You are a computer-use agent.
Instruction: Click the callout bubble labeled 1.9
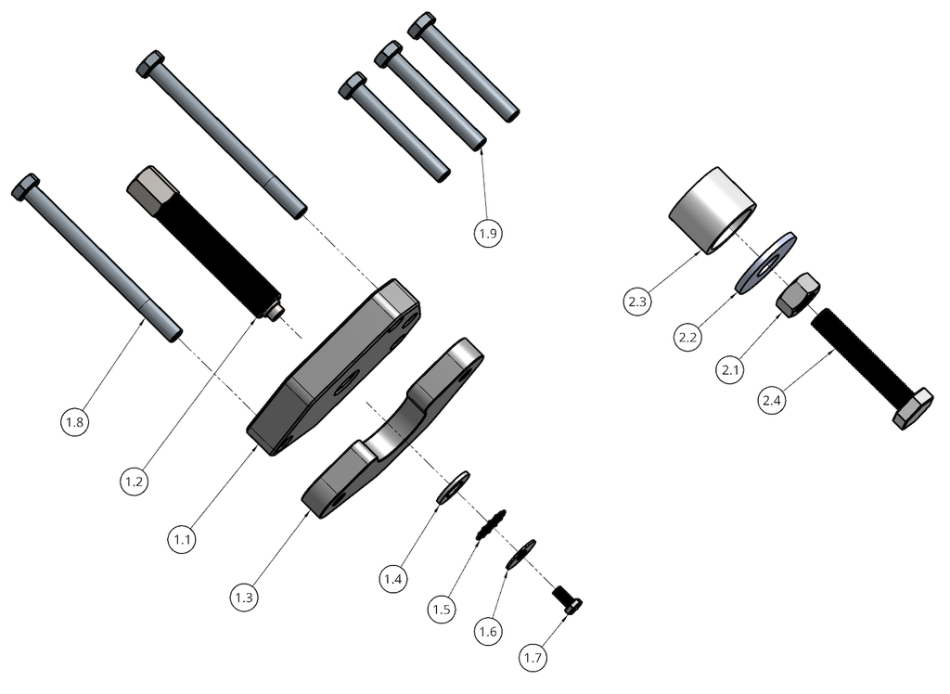pos(489,234)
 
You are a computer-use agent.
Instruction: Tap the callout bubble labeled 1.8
pos(76,423)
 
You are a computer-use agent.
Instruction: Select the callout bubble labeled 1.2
pos(135,482)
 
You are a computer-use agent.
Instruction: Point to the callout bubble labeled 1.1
pos(182,537)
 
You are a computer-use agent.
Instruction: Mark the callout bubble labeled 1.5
pos(443,610)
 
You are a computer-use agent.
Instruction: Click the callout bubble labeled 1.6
pos(488,632)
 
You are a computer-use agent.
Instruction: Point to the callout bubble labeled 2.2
pos(687,338)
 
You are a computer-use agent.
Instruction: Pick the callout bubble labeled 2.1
pos(729,370)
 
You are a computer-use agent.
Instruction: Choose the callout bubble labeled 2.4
pos(772,401)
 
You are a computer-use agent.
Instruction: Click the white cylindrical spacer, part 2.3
pos(712,211)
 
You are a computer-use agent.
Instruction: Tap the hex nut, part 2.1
pos(796,295)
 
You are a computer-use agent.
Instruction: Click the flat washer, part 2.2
pos(765,263)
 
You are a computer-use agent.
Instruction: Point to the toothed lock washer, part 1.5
pos(490,524)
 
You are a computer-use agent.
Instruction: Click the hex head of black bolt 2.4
pos(913,409)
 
